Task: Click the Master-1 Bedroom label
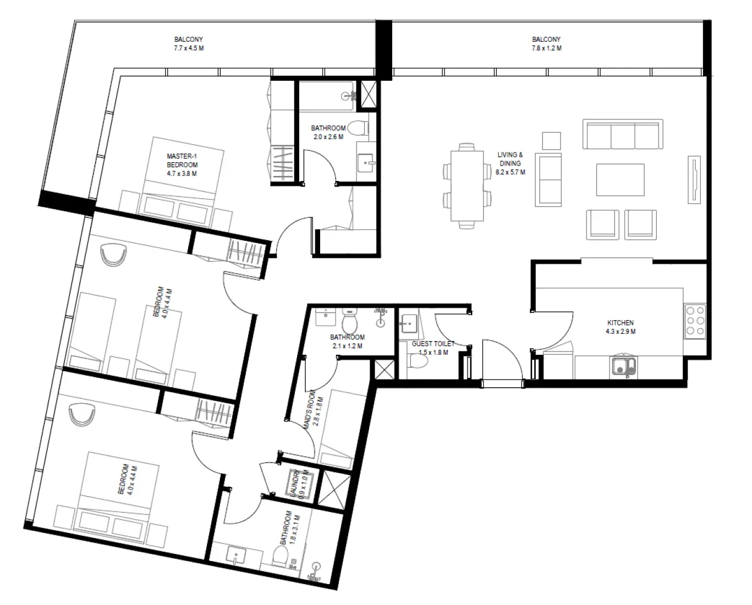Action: (x=182, y=165)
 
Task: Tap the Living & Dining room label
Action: (x=510, y=163)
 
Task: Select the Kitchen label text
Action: (x=621, y=327)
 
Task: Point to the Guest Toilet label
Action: (x=433, y=348)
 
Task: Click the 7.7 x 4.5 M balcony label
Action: (x=189, y=44)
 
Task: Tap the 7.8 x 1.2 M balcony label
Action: (x=546, y=44)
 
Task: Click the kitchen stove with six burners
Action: (x=695, y=321)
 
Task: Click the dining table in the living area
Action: (x=467, y=185)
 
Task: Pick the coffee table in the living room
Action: (x=620, y=180)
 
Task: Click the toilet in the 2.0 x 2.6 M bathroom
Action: (x=359, y=129)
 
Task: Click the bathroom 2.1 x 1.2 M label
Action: (x=347, y=342)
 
